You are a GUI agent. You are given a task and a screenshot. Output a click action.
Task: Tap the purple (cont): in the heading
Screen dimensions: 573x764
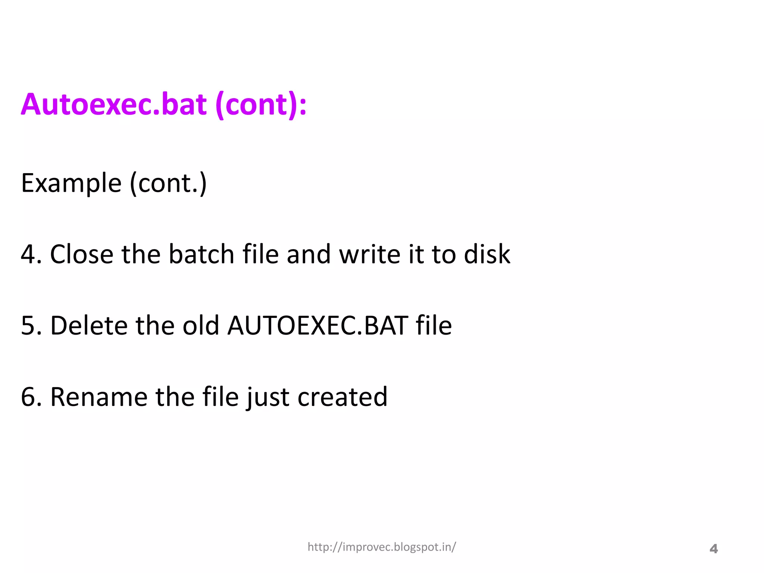point(261,105)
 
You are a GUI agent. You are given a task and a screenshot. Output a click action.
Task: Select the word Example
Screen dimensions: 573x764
point(71,183)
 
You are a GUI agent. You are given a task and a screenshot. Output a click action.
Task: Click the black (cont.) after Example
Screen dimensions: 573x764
point(168,184)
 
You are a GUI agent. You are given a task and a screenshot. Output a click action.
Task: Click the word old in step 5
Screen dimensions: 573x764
point(200,326)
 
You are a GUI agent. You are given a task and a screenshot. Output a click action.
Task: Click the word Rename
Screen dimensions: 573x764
point(99,397)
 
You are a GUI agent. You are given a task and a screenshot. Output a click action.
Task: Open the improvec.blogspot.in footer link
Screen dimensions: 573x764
point(382,547)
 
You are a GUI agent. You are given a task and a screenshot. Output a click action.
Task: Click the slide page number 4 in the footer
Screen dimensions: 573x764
point(713,549)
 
